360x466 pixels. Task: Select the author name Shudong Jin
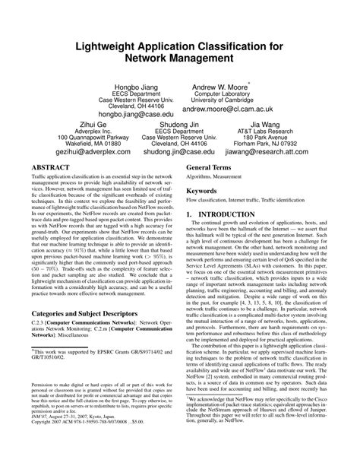click(179, 125)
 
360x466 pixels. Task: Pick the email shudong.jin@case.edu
click(179, 151)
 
